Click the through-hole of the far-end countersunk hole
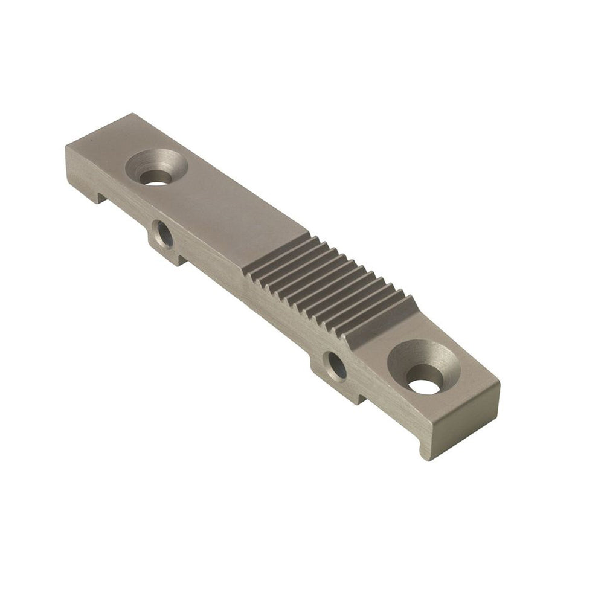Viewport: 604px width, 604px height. click(156, 179)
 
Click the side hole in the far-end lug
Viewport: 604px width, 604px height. click(162, 234)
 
